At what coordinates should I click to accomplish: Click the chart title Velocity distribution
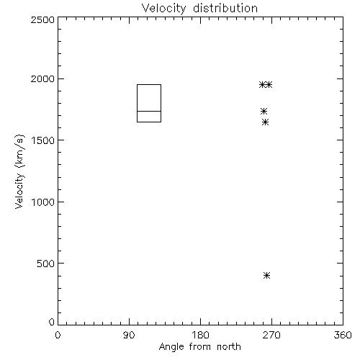199,9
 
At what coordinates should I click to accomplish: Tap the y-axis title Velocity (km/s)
19,171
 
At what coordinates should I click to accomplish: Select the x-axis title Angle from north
199,347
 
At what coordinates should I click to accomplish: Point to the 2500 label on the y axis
42,19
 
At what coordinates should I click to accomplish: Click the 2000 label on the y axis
42,78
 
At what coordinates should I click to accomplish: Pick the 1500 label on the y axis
43,140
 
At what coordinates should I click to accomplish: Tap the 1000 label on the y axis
43,202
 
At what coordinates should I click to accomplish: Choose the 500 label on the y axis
46,264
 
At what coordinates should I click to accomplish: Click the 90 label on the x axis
129,335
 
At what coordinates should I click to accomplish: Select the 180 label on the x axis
200,335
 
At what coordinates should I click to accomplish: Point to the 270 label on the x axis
271,335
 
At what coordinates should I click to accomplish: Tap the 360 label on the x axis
343,335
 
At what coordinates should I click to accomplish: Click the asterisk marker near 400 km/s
266,275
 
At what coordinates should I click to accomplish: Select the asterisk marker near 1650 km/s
265,122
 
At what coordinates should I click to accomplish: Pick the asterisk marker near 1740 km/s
264,111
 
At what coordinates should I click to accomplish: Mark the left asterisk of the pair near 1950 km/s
262,84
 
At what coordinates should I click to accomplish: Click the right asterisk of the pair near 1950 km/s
269,84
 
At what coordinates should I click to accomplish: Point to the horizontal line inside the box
149,111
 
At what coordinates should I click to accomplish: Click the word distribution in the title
225,9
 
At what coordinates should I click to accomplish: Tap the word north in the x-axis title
229,346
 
